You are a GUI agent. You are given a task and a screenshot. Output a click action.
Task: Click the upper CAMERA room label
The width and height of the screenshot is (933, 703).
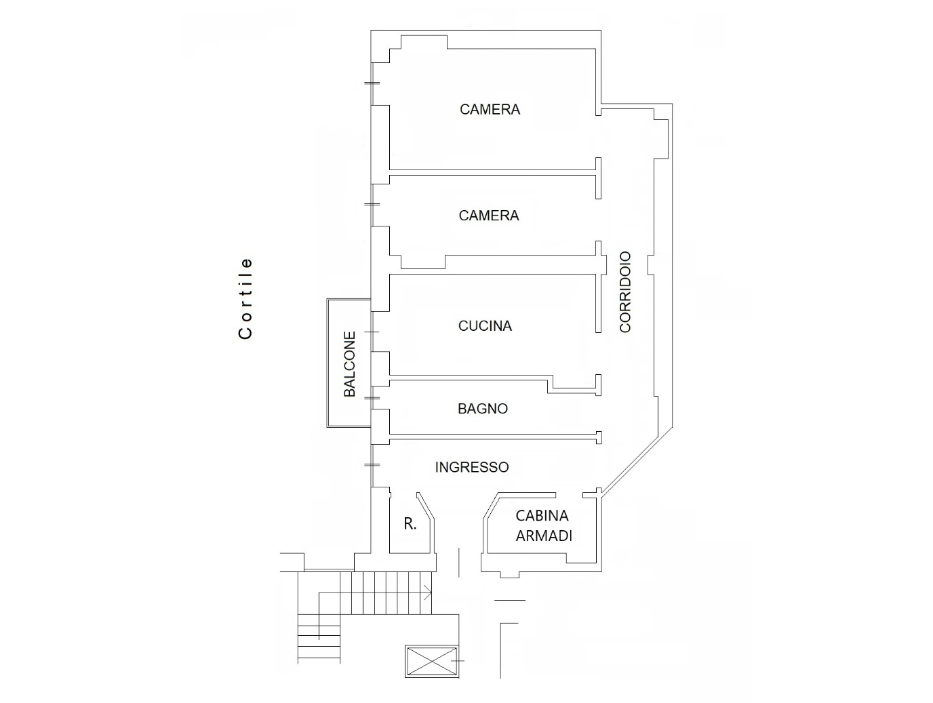(x=490, y=109)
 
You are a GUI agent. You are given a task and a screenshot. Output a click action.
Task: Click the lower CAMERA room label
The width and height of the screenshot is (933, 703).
(x=489, y=216)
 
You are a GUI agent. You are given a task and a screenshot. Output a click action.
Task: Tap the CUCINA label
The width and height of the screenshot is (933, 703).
(x=485, y=326)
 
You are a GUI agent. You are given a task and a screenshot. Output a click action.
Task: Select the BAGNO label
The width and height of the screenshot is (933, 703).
(x=483, y=409)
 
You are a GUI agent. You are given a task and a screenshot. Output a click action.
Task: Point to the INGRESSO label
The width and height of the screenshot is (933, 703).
(x=472, y=467)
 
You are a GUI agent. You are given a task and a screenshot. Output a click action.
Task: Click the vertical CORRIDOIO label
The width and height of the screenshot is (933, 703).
(x=625, y=292)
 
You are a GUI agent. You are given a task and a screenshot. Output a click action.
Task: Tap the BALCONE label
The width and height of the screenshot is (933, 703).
(x=349, y=365)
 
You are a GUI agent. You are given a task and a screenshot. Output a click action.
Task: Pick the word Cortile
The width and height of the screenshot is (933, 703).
(x=245, y=298)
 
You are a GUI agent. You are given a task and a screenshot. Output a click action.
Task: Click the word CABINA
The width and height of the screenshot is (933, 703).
(x=542, y=516)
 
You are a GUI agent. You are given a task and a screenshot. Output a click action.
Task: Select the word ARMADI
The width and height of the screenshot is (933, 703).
(x=544, y=536)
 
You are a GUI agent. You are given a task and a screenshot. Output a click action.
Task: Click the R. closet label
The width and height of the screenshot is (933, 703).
(x=410, y=524)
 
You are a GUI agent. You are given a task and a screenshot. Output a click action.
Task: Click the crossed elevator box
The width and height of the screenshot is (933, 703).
(x=432, y=662)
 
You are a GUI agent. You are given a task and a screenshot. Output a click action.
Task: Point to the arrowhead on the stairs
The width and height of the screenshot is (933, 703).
(x=428, y=592)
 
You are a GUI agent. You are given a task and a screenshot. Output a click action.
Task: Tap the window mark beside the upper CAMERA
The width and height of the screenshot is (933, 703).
(x=372, y=83)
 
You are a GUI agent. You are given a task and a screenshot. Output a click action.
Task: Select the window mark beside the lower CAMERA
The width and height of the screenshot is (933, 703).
(x=372, y=204)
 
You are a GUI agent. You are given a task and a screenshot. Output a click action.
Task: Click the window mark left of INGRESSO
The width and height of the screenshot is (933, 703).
(x=372, y=464)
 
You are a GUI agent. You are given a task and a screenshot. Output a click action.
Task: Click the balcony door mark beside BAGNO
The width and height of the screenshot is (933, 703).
(x=372, y=399)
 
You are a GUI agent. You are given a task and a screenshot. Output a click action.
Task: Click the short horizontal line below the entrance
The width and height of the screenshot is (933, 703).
(x=510, y=600)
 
